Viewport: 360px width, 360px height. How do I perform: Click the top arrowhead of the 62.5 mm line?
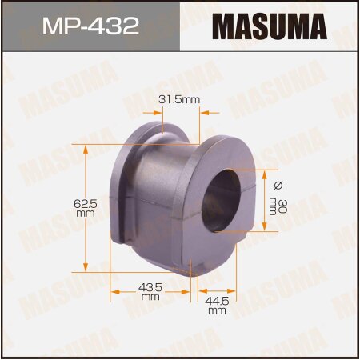[86, 148]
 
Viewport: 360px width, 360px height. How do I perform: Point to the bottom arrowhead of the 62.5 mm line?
[86, 270]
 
